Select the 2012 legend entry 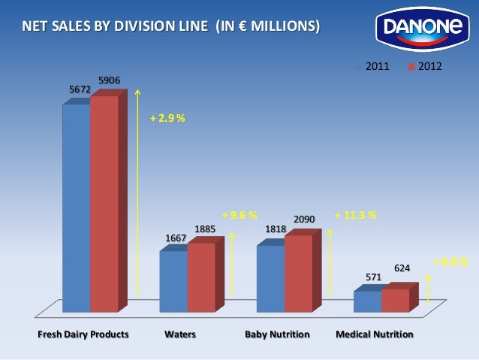coord(424,67)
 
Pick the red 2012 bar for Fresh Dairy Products coord(104,203)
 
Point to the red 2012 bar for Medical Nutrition coord(395,300)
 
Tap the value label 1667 coord(176,238)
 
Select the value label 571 coord(373,277)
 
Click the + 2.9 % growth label coord(167,119)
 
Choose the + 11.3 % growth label coord(355,215)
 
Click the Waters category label coord(180,334)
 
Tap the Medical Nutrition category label coord(374,334)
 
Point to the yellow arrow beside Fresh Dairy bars coord(137,195)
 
